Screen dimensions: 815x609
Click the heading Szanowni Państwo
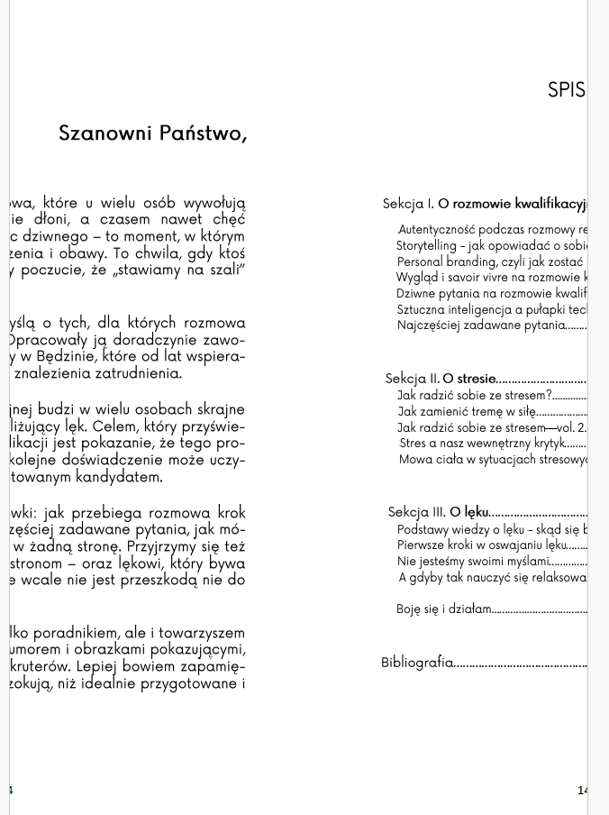click(152, 133)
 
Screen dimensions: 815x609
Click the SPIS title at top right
click(566, 90)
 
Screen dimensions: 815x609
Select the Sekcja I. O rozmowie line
click(485, 204)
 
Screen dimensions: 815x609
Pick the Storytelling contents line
click(491, 245)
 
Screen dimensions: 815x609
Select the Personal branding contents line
click(491, 261)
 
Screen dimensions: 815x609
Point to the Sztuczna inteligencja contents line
click(491, 309)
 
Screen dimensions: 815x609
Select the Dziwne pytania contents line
click(491, 293)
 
